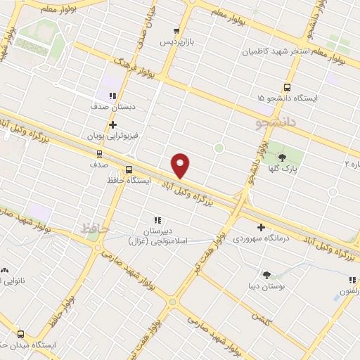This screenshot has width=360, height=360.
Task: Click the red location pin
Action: [x=181, y=165]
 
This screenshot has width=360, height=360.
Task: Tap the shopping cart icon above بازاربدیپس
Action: [x=176, y=30]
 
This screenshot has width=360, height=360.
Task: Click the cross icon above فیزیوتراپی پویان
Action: [x=112, y=124]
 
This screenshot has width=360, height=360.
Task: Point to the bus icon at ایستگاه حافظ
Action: [x=129, y=169]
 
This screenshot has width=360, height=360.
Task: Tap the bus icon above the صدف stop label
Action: [x=98, y=153]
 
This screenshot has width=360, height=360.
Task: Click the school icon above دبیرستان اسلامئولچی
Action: [x=157, y=219]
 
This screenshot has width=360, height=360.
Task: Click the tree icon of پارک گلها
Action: [x=283, y=158]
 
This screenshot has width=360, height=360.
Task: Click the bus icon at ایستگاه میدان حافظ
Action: [x=20, y=335]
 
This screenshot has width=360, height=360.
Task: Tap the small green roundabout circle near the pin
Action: [x=219, y=148]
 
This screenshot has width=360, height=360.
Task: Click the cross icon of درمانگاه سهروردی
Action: [x=262, y=227]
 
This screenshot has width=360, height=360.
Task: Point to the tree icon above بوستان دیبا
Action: [x=266, y=275]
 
